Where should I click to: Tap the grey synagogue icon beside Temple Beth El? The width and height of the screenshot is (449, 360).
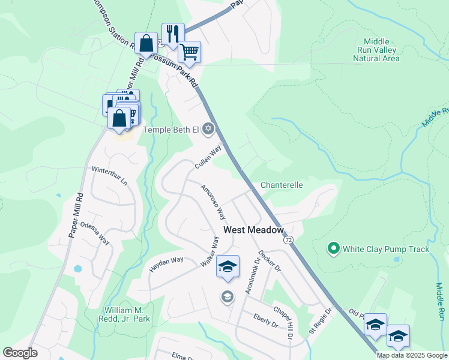208,128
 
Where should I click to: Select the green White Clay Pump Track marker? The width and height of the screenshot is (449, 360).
333,247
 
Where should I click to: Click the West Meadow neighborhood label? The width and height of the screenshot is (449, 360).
253,230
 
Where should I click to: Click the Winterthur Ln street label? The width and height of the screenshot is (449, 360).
109,175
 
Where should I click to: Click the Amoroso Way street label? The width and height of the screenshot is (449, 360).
212,202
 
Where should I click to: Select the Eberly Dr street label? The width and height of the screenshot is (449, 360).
265,320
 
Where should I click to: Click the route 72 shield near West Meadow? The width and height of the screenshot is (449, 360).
289,239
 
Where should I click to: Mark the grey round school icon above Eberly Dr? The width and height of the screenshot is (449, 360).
227,296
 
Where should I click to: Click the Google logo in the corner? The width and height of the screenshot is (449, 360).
20,353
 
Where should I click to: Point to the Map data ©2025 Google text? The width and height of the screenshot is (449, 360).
412,355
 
